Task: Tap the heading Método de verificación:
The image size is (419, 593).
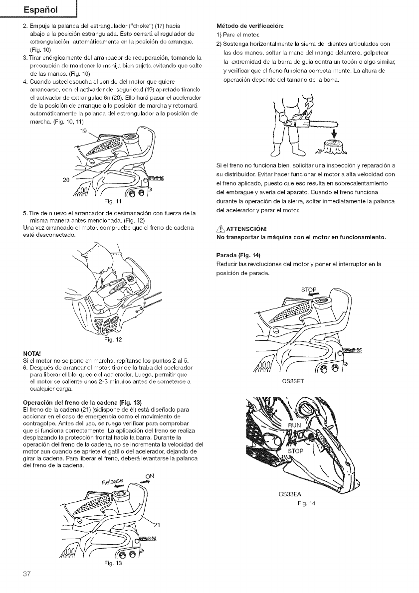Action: click(243, 25)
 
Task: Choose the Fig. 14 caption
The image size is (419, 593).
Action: click(306, 502)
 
